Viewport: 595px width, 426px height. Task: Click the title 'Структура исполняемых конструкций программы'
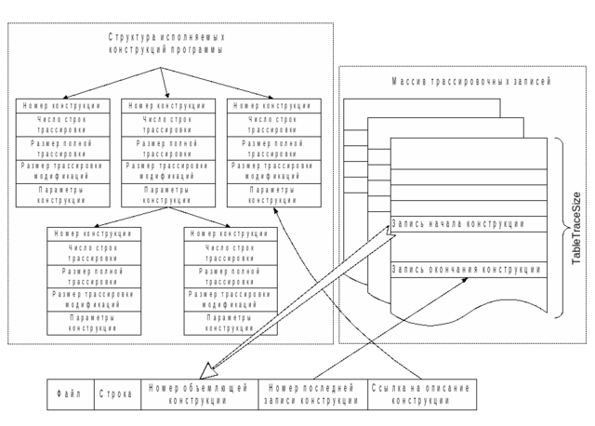166,43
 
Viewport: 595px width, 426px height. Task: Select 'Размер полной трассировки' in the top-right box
273,148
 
